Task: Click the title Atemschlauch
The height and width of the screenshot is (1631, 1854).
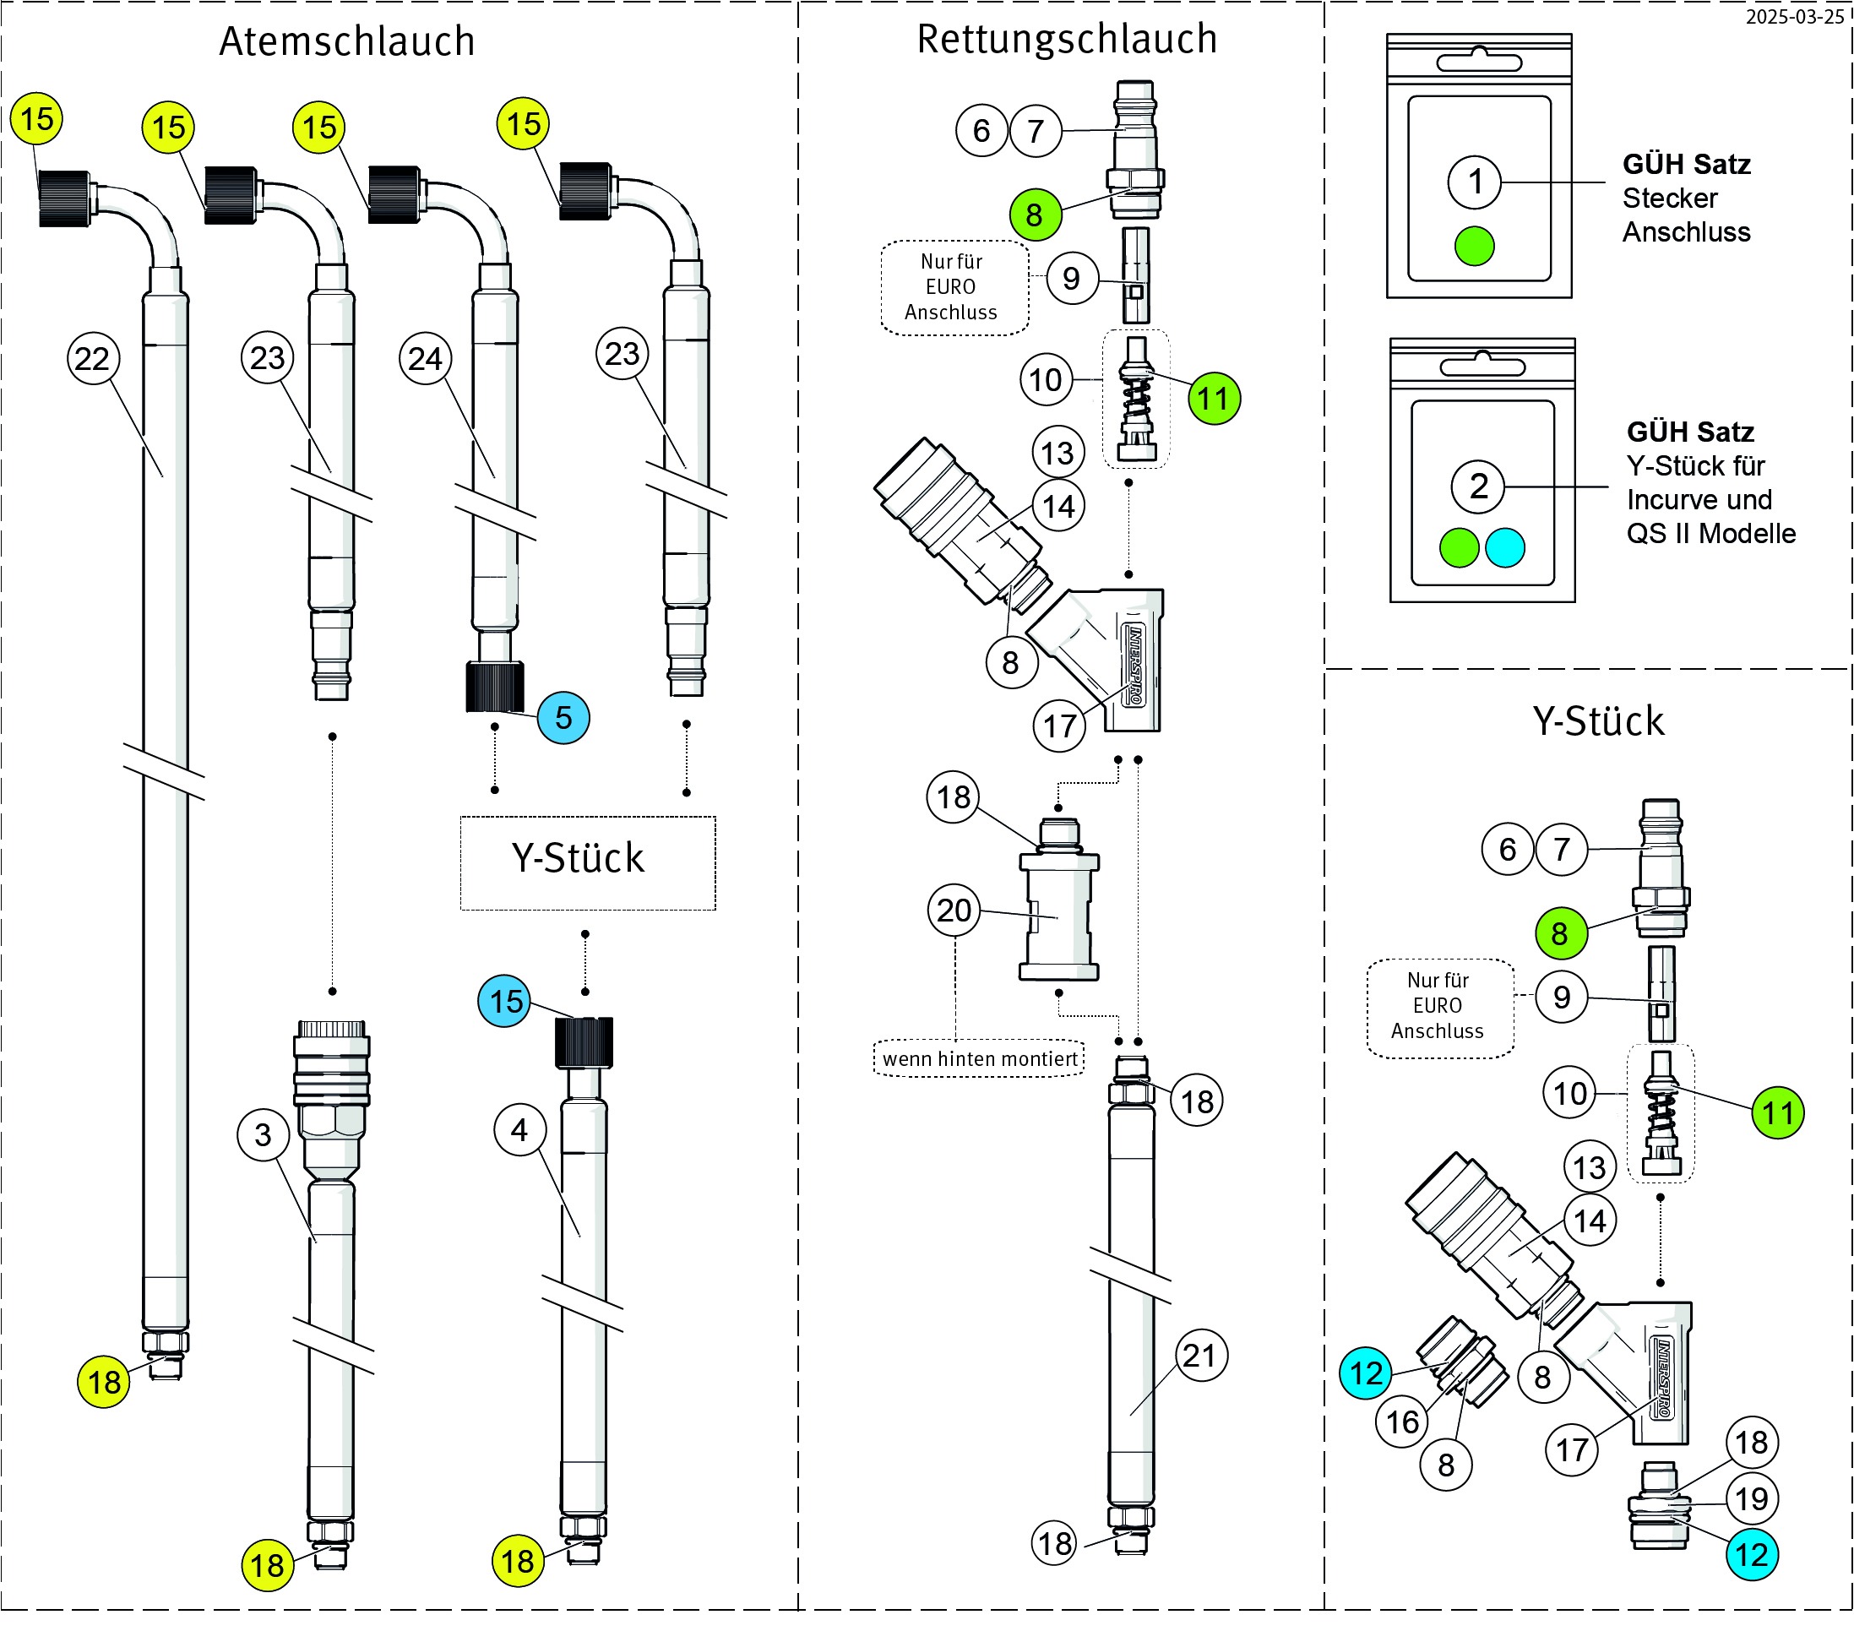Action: (346, 41)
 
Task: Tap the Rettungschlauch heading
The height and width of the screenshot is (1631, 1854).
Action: (1067, 39)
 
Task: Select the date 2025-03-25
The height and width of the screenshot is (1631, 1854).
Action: (1794, 16)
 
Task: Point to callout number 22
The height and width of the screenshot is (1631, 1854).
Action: (94, 358)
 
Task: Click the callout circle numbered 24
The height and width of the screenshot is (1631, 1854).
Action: (426, 358)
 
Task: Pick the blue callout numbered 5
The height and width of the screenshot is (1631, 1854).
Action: (563, 718)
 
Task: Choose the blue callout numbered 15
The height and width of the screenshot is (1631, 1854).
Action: (505, 1001)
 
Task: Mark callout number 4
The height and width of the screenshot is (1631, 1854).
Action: (519, 1129)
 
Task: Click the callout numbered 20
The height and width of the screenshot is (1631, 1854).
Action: (954, 910)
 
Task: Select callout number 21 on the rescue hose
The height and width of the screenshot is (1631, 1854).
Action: (1201, 1356)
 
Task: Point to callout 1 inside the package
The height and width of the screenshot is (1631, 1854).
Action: (1475, 182)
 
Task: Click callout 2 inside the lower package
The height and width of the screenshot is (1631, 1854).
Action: (1478, 487)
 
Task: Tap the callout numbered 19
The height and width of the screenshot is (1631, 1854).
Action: (1752, 1498)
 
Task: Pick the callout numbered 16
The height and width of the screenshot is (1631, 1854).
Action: (1402, 1422)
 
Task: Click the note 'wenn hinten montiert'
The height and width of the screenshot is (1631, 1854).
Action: (980, 1058)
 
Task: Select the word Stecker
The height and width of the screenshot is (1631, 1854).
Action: (1670, 198)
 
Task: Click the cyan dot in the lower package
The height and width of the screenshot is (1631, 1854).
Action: (1506, 547)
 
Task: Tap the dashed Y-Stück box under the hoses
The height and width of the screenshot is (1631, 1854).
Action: (588, 862)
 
